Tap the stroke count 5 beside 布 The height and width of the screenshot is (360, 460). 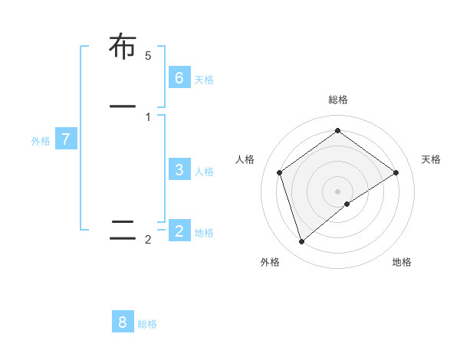(x=148, y=55)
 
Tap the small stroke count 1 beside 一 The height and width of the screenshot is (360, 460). (x=148, y=116)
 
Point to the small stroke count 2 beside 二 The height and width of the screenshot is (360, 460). (x=148, y=240)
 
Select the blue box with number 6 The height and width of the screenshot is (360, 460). (x=179, y=77)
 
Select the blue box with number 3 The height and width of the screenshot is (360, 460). (x=179, y=169)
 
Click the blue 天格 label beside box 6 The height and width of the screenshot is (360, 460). (x=204, y=79)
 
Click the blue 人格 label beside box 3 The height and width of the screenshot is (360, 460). (x=204, y=171)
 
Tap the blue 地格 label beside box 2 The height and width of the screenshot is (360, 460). (x=204, y=232)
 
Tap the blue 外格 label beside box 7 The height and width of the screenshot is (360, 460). (x=41, y=141)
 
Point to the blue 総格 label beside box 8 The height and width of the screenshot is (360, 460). (x=147, y=324)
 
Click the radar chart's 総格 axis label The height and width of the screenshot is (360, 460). (x=338, y=100)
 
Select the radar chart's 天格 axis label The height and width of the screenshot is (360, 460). (x=432, y=159)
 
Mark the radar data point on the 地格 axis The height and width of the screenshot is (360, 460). (x=347, y=204)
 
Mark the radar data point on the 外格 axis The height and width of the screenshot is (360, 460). (x=302, y=241)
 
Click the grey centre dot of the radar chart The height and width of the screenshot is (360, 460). (x=337, y=191)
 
